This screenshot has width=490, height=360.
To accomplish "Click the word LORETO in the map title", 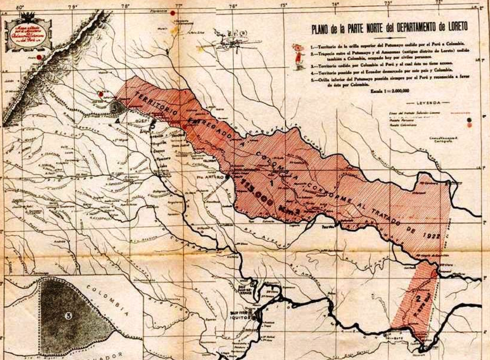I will click(x=450, y=28).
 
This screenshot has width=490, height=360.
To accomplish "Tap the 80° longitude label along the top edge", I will click(x=20, y=7).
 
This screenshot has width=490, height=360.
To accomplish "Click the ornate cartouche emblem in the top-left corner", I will click(x=28, y=34).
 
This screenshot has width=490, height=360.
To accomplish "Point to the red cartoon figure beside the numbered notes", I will click(x=299, y=57).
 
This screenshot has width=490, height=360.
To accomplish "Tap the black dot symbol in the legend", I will click(x=470, y=120).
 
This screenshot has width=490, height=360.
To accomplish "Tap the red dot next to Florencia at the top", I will click(x=172, y=13).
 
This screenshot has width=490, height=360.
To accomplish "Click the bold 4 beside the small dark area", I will click(x=116, y=121).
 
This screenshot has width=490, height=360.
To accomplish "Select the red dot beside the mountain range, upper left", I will click(x=39, y=58).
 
